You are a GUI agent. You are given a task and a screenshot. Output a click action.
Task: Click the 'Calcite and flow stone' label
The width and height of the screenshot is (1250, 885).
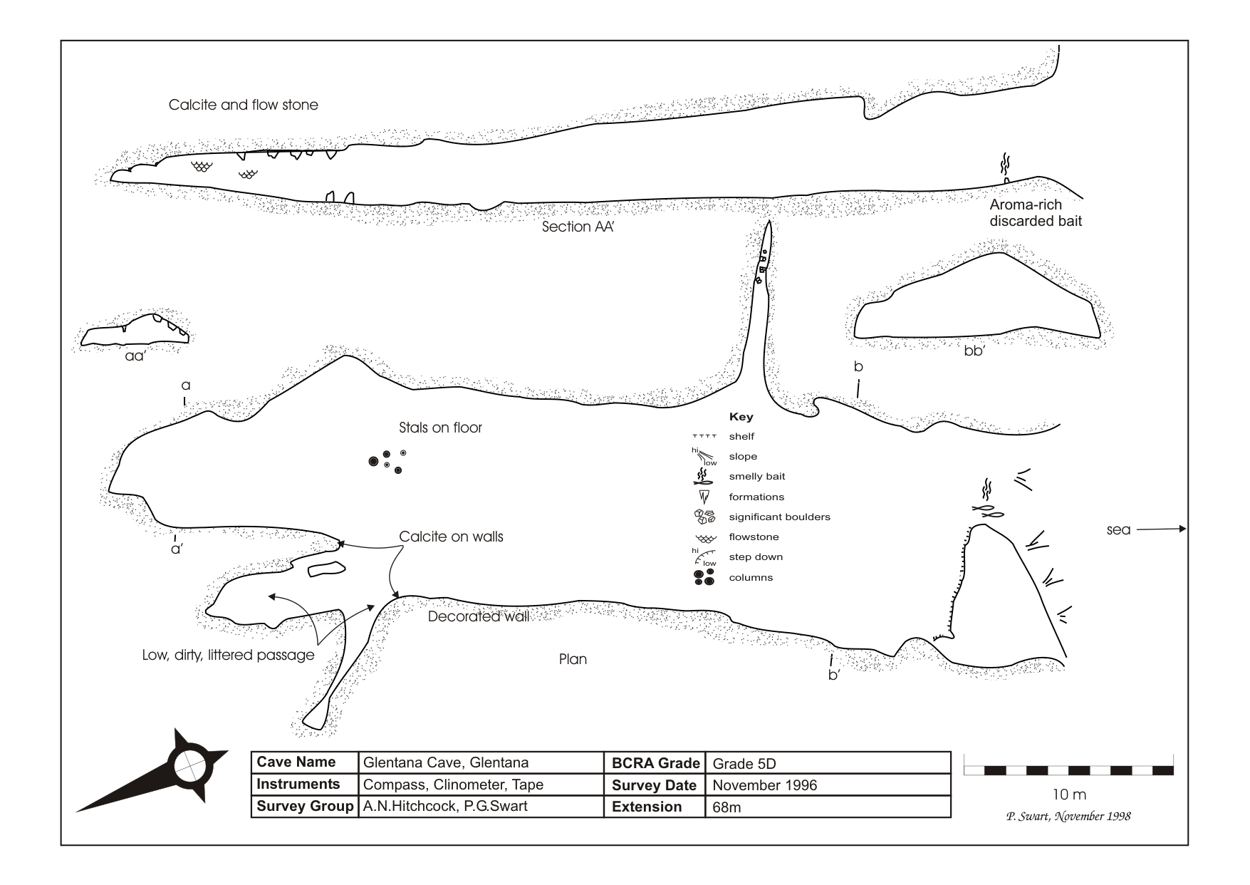point(243,105)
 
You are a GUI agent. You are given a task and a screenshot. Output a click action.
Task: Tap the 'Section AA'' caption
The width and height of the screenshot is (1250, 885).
point(578,227)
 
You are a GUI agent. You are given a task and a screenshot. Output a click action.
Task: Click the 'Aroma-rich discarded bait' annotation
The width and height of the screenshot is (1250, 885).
point(1035,213)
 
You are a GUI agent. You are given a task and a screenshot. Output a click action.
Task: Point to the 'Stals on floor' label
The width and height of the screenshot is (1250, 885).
point(440,428)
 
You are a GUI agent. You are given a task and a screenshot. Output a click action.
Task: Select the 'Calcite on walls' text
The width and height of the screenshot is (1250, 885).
point(451,537)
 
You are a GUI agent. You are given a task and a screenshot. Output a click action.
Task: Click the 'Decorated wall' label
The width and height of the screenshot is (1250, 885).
point(478,617)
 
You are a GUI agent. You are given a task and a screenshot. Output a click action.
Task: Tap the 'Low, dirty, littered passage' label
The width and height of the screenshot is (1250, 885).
point(228,655)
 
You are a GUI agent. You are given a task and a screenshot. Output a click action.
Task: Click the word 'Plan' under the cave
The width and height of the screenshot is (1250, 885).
point(573,659)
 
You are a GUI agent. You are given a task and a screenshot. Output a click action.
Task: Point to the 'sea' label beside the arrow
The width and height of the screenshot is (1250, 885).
point(1118,530)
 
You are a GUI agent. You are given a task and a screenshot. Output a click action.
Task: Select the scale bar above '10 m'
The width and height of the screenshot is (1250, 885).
point(1068,770)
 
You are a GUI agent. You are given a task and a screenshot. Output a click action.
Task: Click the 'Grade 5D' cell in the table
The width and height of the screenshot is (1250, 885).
point(744,764)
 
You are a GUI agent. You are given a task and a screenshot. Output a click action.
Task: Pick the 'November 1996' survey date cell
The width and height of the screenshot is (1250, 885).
point(764,786)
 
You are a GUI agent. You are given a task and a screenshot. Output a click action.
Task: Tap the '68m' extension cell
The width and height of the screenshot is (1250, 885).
point(726,808)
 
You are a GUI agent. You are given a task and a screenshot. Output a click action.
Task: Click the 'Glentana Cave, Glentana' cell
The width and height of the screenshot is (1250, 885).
point(446,763)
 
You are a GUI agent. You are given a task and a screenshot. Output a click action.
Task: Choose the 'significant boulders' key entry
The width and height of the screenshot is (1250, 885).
point(779,517)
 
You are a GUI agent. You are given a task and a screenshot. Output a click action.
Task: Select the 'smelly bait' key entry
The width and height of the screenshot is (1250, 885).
point(756,477)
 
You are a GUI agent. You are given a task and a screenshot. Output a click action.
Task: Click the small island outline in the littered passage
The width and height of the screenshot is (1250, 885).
point(327,568)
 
